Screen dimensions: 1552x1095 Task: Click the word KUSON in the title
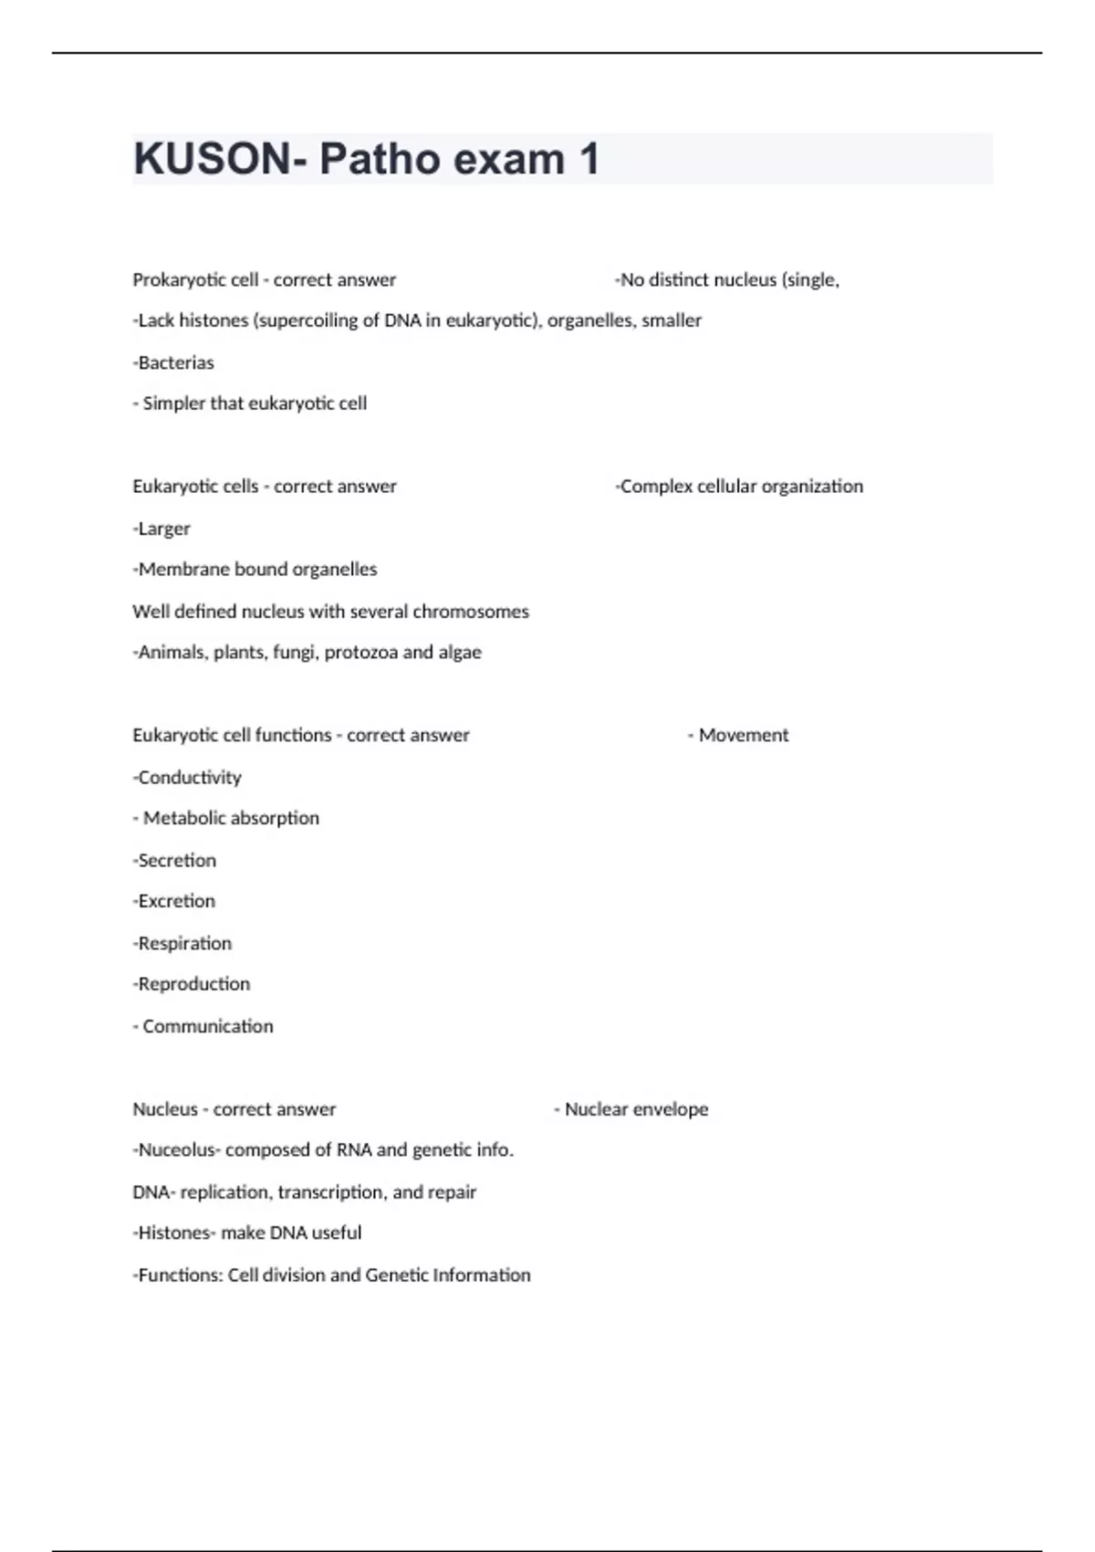212,159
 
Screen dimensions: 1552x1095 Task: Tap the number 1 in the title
589,159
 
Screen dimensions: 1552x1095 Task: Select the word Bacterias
176,362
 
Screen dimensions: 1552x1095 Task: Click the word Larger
164,529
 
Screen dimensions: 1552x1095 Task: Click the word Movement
743,735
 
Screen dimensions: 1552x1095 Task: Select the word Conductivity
190,778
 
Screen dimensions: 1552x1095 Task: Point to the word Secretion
177,860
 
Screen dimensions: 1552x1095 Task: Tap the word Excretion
176,901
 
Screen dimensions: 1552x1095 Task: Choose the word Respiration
184,943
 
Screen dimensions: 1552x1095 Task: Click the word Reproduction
193,984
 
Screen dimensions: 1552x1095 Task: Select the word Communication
208,1026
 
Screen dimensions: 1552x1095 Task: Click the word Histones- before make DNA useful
176,1233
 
